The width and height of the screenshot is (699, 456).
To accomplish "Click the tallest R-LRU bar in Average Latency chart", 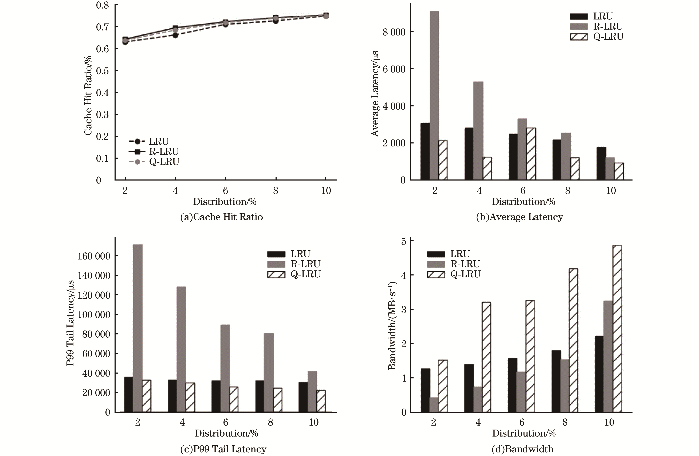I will pyautogui.click(x=434, y=95).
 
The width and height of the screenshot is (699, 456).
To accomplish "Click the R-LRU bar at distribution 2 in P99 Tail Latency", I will pyautogui.click(x=138, y=328).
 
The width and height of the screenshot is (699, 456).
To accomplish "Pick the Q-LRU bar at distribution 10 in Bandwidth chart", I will pyautogui.click(x=617, y=329).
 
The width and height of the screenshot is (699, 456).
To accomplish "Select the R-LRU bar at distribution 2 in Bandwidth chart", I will pyautogui.click(x=434, y=405).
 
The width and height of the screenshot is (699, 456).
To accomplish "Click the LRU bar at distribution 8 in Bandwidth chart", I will pyautogui.click(x=556, y=381).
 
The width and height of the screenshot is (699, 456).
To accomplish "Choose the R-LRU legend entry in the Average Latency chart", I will pyautogui.click(x=608, y=26).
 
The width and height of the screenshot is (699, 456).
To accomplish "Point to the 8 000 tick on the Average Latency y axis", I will pyautogui.click(x=394, y=32).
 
